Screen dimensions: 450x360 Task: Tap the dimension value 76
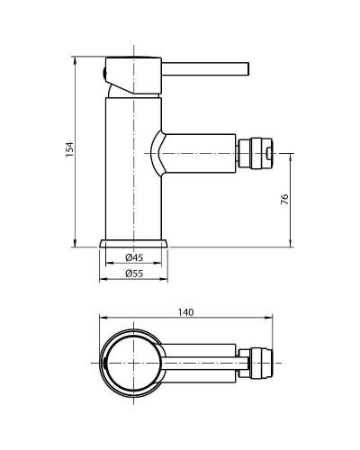(284, 199)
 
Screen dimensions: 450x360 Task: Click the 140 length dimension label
(186, 311)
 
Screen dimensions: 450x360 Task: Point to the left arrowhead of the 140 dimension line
(102, 318)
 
